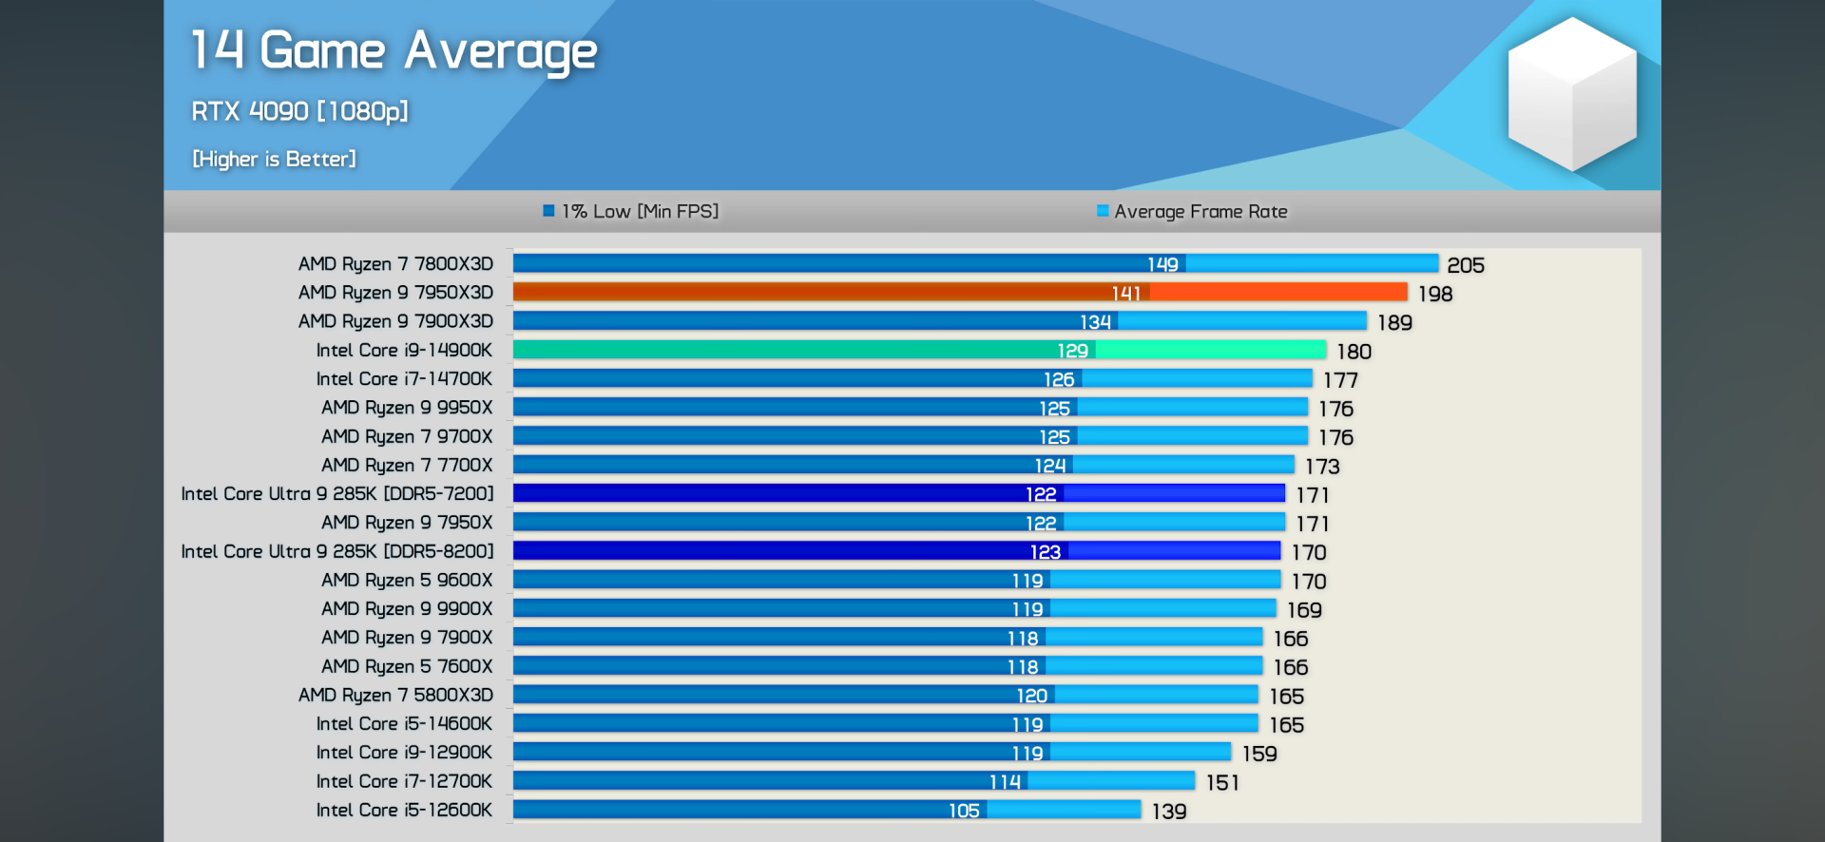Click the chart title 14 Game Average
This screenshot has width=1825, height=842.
[394, 51]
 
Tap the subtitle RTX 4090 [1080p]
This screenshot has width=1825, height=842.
[299, 111]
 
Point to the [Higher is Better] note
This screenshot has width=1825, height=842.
[274, 159]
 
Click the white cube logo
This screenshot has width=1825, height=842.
[1572, 94]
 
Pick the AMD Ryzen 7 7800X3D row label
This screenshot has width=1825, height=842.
[395, 263]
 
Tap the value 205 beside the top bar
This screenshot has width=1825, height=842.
[1465, 265]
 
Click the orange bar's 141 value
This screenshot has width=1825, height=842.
[1125, 294]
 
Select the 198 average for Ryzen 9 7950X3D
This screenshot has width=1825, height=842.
[1435, 294]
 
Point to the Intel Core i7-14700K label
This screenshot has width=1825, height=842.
[404, 378]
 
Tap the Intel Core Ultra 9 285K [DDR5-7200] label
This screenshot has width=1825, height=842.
[337, 493]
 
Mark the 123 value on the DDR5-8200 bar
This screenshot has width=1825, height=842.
[1045, 552]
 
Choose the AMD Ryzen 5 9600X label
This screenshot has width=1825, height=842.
[407, 580]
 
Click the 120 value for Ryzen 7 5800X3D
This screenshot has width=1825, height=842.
[1031, 696]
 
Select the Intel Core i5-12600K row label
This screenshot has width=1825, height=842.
[404, 810]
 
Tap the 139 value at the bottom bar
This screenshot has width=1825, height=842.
[1168, 812]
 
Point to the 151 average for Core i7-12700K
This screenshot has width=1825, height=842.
[1222, 782]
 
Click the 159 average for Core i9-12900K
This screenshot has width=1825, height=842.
[1259, 754]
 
